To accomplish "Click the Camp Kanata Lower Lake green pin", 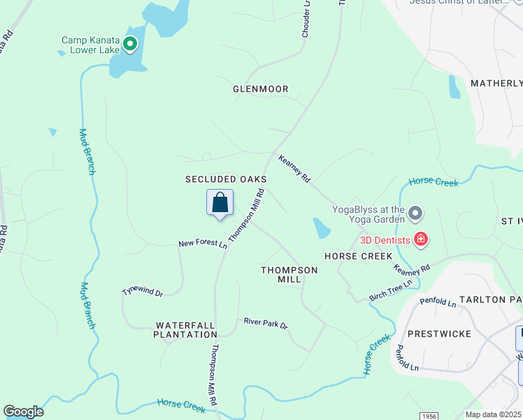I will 130,45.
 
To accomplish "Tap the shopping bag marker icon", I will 220,203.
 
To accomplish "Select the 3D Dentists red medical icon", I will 421,240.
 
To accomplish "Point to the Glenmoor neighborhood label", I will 261,89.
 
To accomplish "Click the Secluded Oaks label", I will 226,180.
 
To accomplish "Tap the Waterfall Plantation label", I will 186,330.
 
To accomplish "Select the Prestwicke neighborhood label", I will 439,333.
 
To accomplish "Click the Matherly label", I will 496,83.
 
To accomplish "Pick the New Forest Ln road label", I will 203,244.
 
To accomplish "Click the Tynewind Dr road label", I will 142,291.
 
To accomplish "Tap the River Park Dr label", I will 266,323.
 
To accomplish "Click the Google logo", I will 23,412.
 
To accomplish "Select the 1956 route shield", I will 429,415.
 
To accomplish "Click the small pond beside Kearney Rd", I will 322,227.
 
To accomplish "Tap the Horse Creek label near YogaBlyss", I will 434,182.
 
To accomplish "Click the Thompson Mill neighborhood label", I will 289,274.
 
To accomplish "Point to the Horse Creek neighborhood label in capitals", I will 359,256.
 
